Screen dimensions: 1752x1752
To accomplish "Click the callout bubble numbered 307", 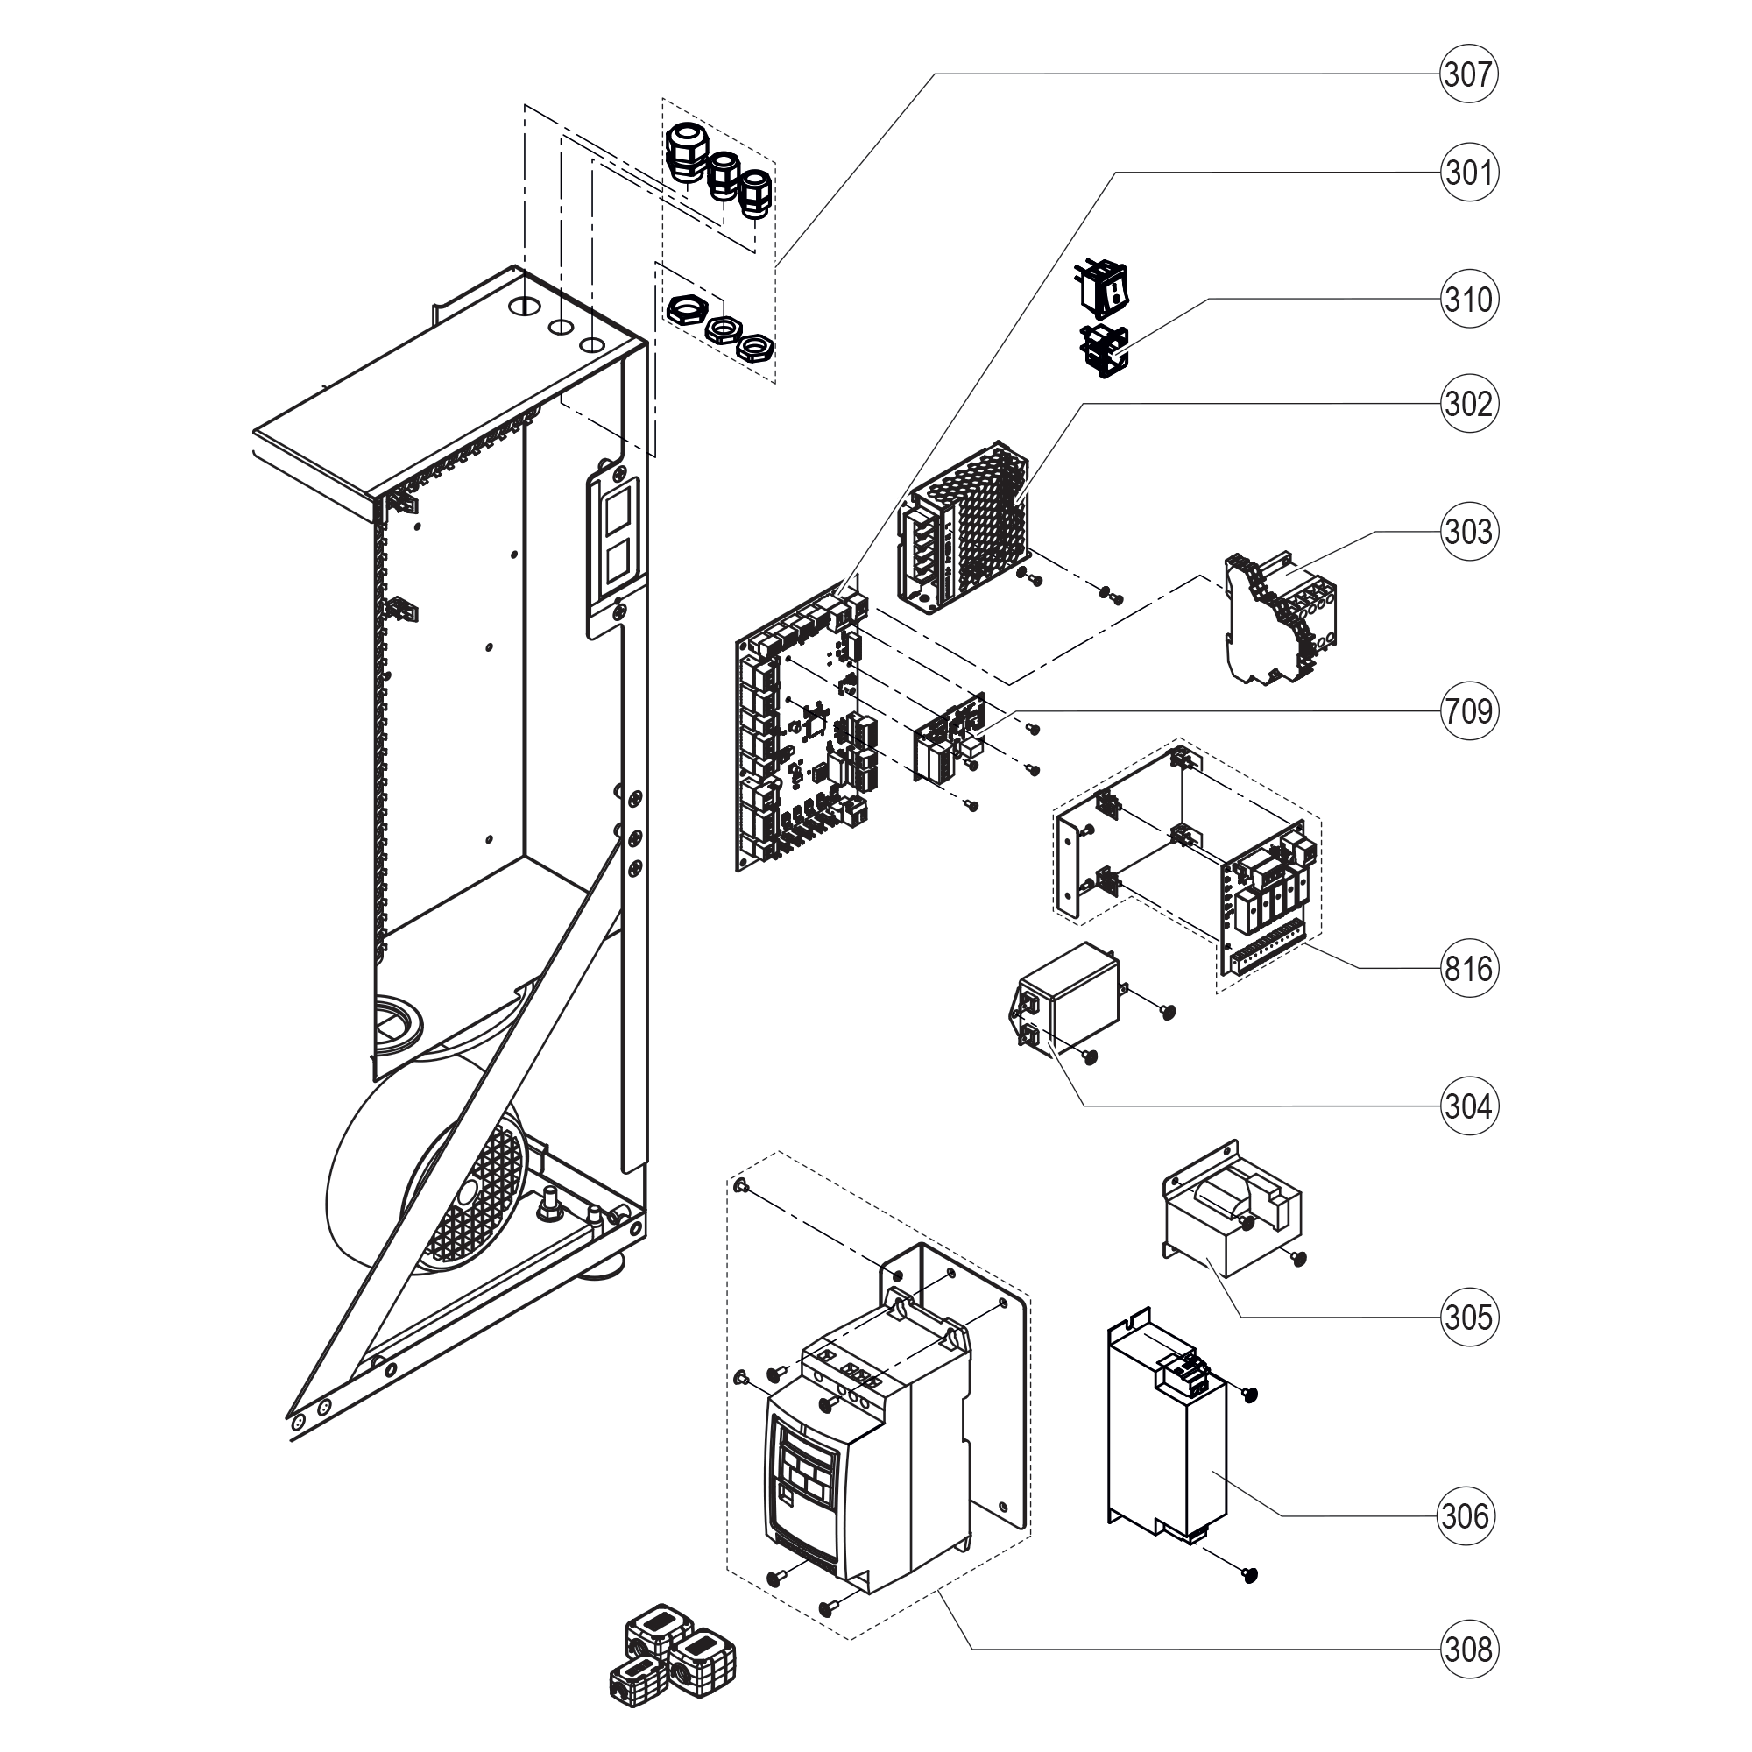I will point(1467,74).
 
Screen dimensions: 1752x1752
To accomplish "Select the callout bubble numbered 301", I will point(1467,173).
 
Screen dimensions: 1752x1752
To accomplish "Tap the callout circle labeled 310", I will point(1467,299).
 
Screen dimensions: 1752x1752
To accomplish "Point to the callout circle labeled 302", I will point(1467,404).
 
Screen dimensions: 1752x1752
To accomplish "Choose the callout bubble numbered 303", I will point(1467,532).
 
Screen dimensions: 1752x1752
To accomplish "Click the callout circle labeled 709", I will point(1467,711).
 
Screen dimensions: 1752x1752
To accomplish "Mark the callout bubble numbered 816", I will point(1467,969).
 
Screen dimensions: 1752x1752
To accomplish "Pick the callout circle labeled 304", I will point(1467,1106).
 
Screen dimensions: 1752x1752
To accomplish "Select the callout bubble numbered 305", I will point(1467,1317).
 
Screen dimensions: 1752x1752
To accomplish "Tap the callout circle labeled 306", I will point(1466,1515).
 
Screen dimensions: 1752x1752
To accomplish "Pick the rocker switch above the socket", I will point(1102,284).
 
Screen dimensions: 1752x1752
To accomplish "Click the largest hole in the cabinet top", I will point(524,306).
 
